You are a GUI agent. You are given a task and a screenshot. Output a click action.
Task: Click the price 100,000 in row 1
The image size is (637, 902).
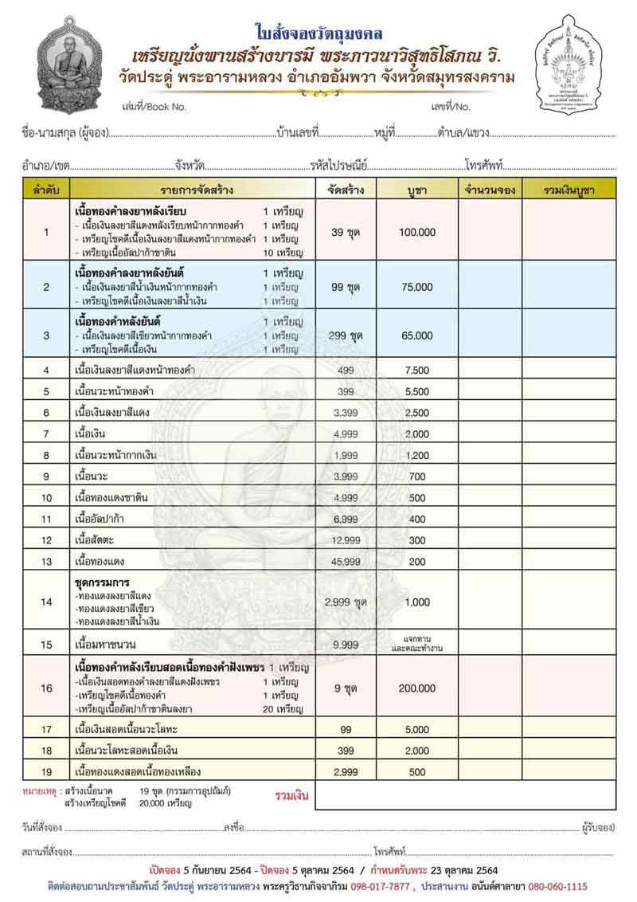point(416,232)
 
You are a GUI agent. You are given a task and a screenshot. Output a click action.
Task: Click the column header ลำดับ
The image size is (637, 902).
point(46,190)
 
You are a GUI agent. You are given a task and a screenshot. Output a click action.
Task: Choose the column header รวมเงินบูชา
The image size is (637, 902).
point(569,190)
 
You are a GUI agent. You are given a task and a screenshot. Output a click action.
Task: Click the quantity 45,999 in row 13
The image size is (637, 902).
point(345,560)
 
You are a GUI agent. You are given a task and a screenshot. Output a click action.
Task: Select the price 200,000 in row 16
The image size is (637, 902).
point(416,688)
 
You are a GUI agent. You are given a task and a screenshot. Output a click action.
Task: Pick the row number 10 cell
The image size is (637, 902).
point(46,497)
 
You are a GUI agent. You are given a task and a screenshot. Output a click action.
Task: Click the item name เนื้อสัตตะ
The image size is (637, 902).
point(94,539)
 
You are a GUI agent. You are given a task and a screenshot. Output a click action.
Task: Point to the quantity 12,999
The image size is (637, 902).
point(345,539)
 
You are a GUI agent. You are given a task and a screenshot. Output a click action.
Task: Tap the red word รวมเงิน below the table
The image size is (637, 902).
point(291,795)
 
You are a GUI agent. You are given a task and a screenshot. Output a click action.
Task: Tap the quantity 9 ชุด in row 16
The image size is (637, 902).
point(345,688)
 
